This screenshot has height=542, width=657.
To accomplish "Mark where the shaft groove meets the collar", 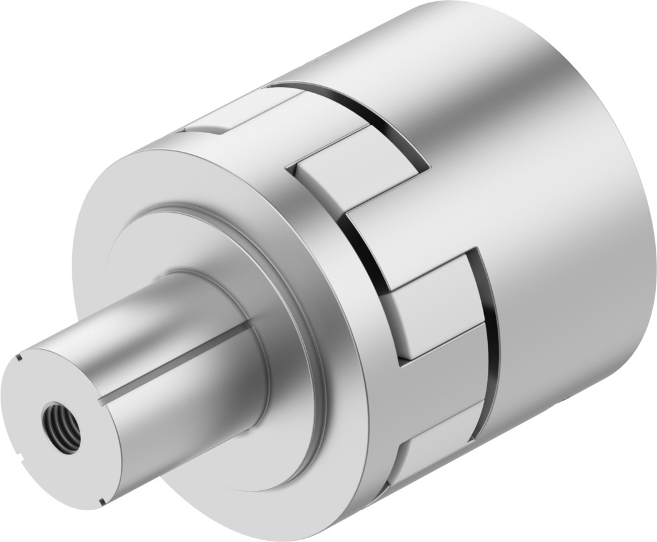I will click(x=248, y=324).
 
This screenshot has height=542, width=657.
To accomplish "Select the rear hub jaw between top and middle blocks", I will click(x=398, y=224).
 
